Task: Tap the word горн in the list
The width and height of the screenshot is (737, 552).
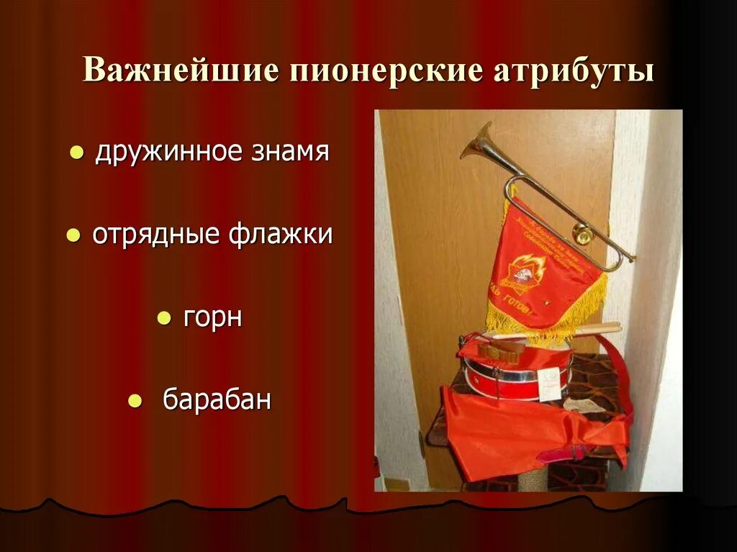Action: tap(212, 317)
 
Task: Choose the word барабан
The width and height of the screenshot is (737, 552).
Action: tap(217, 400)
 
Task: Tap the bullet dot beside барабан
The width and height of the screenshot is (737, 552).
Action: tap(134, 402)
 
